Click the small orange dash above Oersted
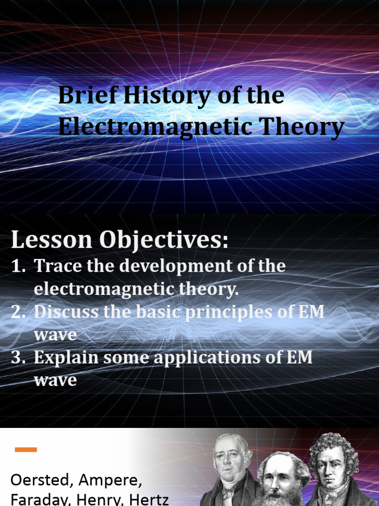(x=26, y=449)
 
